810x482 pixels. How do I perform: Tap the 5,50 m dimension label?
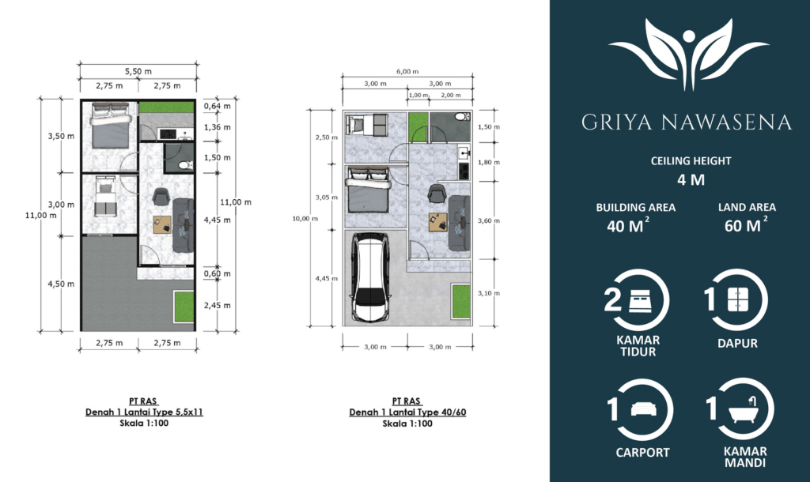(138, 71)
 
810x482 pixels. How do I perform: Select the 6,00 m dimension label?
(407, 71)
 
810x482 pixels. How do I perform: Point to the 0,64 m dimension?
(217, 107)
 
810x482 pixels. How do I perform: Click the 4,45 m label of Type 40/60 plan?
(327, 279)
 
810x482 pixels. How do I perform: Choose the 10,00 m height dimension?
(305, 218)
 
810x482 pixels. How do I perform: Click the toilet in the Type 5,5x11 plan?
(185, 165)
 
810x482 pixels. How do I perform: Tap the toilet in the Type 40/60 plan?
(461, 117)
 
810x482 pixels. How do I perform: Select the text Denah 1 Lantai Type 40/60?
(407, 412)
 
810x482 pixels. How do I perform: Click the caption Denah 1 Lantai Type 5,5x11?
(144, 412)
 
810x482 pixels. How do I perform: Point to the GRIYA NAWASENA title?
(687, 122)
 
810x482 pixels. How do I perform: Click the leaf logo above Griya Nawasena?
(689, 55)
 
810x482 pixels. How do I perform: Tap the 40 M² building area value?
(628, 225)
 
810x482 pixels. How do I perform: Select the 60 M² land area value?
(746, 225)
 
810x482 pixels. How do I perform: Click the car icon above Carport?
(644, 409)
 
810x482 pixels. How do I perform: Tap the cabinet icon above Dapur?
(738, 299)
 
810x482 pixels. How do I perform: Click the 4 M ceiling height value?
(691, 179)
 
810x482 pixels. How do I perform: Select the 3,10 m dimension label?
(488, 293)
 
